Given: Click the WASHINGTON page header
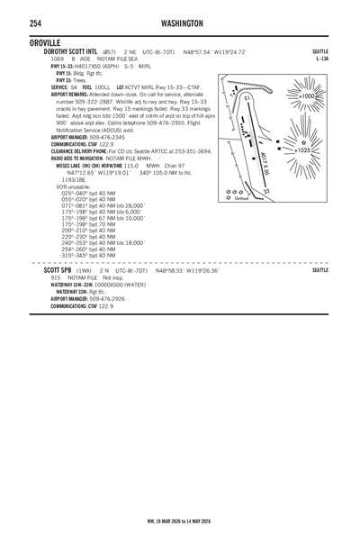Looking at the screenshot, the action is (x=183, y=22).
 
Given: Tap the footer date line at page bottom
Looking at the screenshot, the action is (x=179, y=521).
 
